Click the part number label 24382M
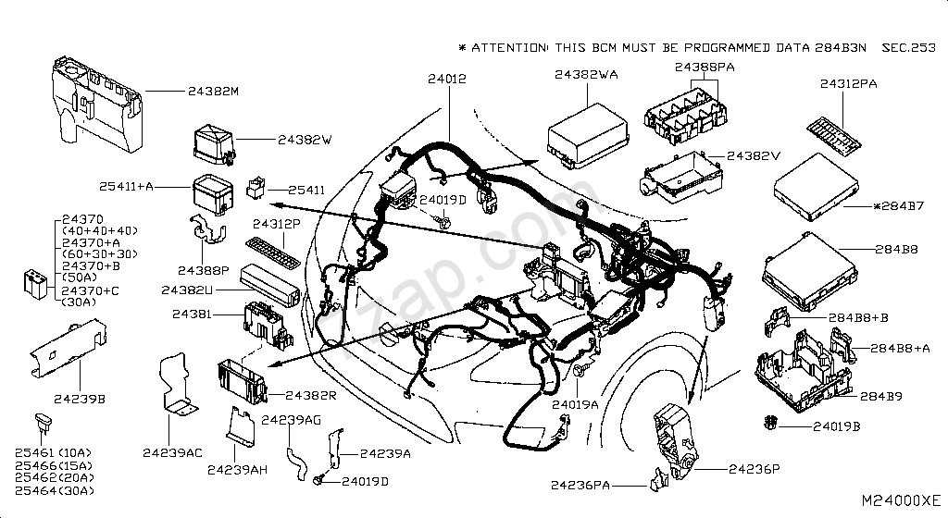pyautogui.click(x=213, y=92)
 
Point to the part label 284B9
pyautogui.click(x=881, y=397)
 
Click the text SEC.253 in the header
pyautogui.click(x=908, y=46)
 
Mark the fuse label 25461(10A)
pyautogui.click(x=54, y=453)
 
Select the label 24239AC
pyautogui.click(x=172, y=452)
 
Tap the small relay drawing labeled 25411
pyautogui.click(x=256, y=189)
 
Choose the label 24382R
pyautogui.click(x=310, y=395)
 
